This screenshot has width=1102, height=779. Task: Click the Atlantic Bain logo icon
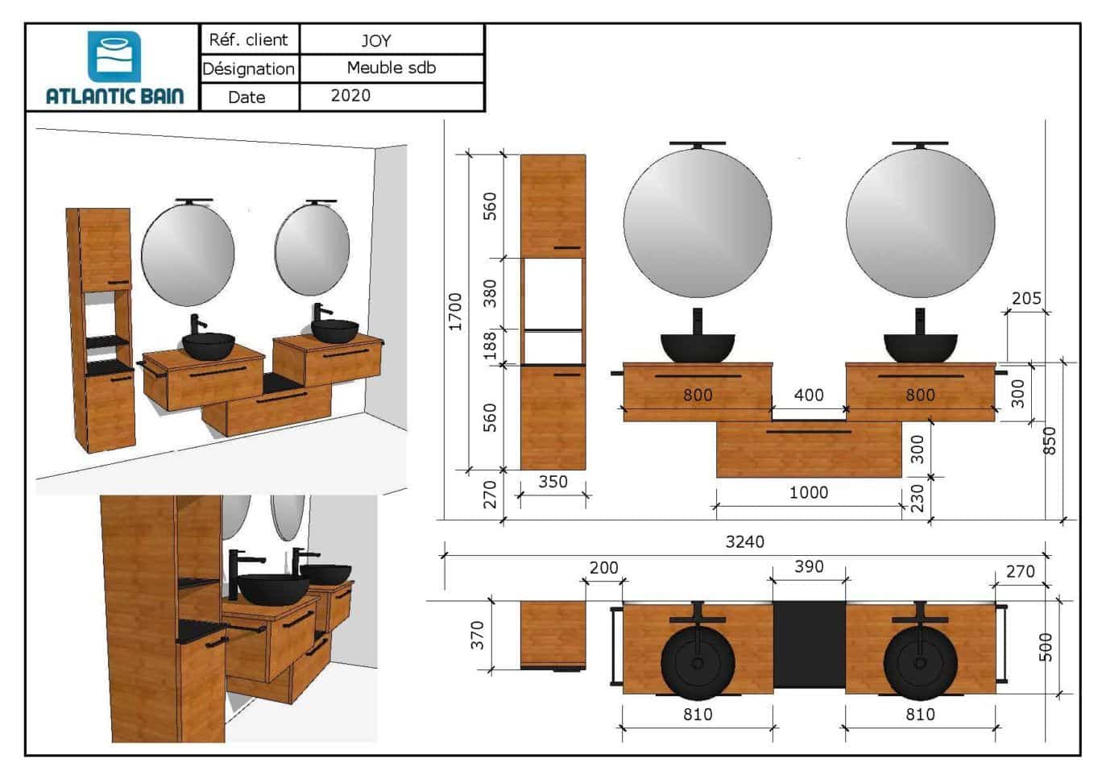click(x=114, y=56)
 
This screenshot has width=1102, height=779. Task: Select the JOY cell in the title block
click(x=391, y=39)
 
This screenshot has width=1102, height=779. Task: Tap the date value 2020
click(x=350, y=96)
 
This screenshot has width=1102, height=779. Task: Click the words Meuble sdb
click(x=391, y=68)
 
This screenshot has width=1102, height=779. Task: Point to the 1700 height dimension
click(x=456, y=312)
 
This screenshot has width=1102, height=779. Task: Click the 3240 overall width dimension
click(x=745, y=542)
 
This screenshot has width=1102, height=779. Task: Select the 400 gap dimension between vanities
click(x=809, y=395)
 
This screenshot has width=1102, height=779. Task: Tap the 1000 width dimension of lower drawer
click(x=809, y=492)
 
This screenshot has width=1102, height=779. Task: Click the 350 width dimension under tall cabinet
click(x=553, y=481)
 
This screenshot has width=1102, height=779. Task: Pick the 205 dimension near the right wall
click(x=1026, y=298)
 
